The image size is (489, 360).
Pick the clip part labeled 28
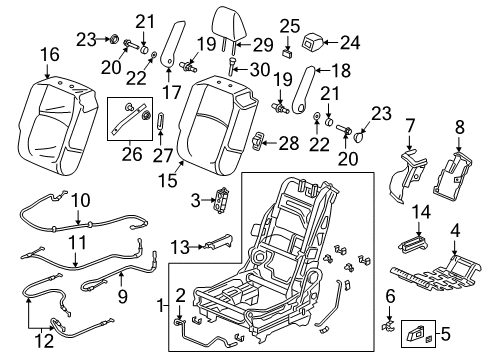click(257, 144)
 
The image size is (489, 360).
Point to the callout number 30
click(258, 68)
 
